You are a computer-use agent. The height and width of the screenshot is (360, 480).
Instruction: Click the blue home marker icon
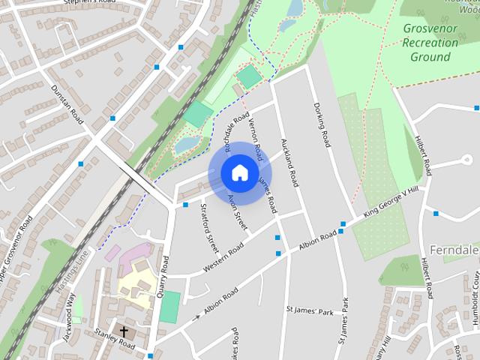point(239,172)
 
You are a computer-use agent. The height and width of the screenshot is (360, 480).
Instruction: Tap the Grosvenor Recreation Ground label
point(430,43)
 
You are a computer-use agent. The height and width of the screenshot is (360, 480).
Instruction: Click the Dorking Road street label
point(322,124)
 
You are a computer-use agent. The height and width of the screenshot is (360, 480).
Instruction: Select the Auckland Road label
point(289,161)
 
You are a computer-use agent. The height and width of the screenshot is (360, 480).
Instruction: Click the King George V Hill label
point(389,203)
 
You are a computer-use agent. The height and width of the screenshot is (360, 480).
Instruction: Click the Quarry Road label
point(164,277)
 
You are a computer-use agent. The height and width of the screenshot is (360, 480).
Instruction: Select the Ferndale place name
point(454,248)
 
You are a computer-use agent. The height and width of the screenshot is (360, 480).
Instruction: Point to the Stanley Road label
point(114,340)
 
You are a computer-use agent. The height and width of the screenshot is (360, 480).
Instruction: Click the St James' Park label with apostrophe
point(310,310)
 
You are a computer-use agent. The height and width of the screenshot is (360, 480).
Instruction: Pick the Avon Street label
point(237,211)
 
